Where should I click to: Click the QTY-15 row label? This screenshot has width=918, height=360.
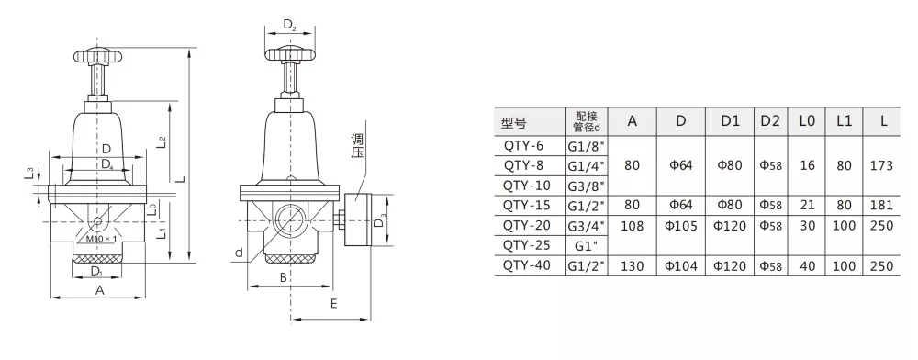526,206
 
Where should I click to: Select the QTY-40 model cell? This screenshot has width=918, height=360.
527,265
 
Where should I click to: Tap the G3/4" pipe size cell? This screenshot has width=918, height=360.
586,225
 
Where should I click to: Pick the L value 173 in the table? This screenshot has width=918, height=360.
881,165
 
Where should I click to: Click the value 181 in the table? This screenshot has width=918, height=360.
881,206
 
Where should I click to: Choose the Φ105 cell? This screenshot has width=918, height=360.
680,226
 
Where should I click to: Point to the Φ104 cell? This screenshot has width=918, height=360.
680,266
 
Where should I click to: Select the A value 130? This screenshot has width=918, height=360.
632,266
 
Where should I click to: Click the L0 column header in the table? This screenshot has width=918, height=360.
807,121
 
